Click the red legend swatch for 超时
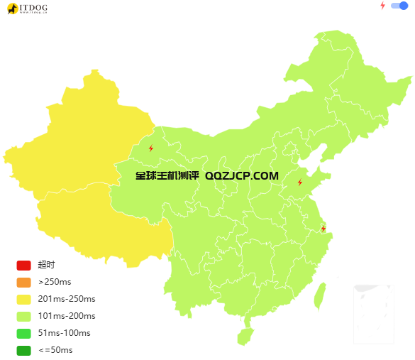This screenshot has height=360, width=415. tap(23, 266)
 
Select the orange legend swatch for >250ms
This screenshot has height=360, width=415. tap(23, 283)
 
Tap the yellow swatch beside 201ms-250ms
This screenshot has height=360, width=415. tap(23, 300)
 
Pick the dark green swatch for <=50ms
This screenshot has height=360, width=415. tap(23, 351)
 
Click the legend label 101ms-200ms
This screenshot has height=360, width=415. tap(67, 317)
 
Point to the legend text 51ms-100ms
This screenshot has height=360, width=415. tap(64, 334)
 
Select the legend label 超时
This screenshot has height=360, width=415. tap(46, 266)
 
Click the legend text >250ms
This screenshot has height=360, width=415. tap(55, 283)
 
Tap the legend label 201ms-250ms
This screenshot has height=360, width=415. tap(67, 300)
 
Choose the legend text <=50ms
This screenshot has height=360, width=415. tap(55, 351)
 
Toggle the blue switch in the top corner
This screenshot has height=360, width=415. tap(399, 6)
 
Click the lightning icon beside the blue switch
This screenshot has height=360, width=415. tap(382, 6)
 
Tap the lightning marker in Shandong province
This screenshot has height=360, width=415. tap(300, 182)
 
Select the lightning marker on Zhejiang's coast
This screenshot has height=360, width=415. tap(323, 228)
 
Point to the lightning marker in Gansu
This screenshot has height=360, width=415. tap(151, 148)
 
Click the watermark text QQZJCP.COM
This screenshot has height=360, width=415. tap(241, 175)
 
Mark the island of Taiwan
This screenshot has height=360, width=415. tap(320, 296)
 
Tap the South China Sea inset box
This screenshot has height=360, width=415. tap(373, 313)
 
